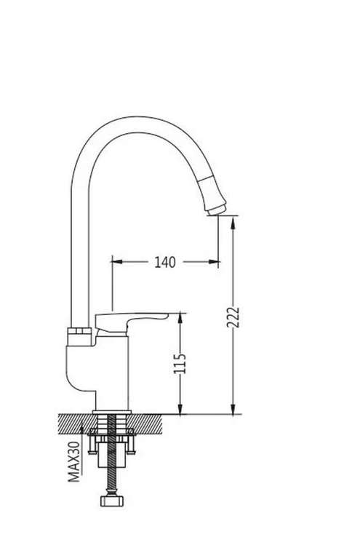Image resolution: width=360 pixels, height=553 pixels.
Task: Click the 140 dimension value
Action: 164,262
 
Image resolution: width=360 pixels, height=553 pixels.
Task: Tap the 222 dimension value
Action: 233,317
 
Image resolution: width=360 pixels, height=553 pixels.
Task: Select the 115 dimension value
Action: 180,363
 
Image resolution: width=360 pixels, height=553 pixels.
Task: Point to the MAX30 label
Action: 74,462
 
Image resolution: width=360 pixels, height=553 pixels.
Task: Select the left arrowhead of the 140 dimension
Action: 116,262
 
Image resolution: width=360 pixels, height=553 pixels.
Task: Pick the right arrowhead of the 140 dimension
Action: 214,262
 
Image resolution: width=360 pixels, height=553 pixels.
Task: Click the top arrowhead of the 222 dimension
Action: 233,222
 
